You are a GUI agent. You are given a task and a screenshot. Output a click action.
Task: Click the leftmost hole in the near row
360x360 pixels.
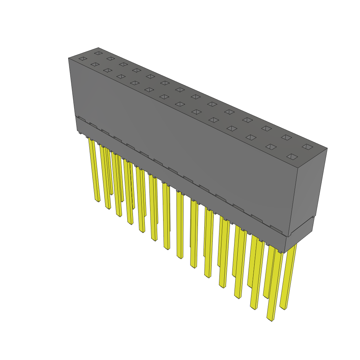[x=83, y=59]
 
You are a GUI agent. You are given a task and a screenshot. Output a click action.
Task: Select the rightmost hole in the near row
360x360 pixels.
[x=292, y=156]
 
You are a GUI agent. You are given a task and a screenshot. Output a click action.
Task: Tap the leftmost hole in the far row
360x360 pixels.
[x=98, y=53]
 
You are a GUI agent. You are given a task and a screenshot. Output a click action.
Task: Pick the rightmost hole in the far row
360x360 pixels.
[x=307, y=147]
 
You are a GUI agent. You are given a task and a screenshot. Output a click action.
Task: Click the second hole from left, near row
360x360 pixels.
[x=95, y=64]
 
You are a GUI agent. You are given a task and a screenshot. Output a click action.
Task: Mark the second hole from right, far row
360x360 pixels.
[x=286, y=137]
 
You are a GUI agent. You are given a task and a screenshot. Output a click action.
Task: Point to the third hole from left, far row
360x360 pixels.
[x=123, y=64]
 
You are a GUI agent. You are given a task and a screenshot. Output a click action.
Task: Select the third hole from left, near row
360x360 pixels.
[x=108, y=70]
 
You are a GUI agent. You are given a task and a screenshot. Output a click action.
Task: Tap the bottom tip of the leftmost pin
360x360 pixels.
[x=97, y=201]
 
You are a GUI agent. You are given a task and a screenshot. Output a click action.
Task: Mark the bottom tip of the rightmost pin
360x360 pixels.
[x=283, y=308]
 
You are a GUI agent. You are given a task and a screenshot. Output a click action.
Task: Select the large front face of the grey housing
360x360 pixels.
[x=183, y=148]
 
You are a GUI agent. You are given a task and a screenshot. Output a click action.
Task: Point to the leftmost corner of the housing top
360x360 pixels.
[x=68, y=58]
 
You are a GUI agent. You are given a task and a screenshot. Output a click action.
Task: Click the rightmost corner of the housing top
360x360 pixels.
[x=327, y=148]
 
